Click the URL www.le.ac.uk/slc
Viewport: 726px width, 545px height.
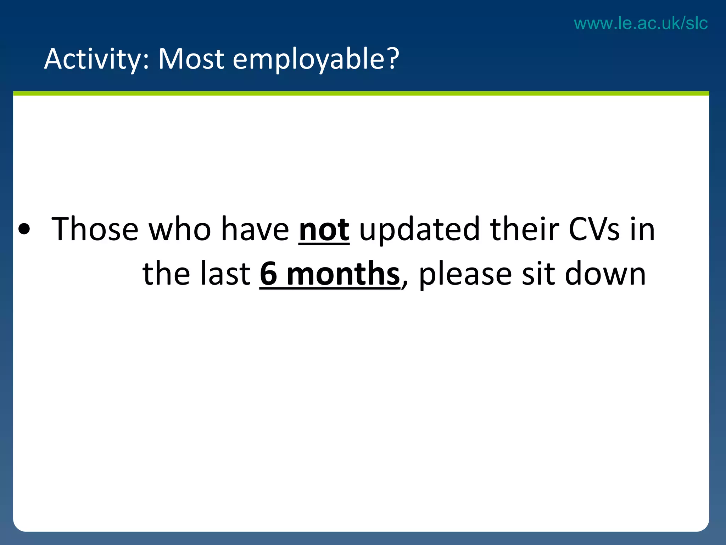coord(641,23)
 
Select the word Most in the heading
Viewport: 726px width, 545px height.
coord(191,59)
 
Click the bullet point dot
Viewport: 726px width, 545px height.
coord(24,230)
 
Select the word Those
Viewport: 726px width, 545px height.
coord(95,229)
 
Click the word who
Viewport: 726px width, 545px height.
coord(180,229)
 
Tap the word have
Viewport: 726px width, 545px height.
coord(255,229)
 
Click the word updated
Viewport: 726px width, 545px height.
coord(420,229)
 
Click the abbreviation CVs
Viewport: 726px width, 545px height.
coord(594,229)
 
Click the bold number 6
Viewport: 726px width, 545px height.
coord(268,274)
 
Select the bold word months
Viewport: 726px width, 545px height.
coord(343,274)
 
